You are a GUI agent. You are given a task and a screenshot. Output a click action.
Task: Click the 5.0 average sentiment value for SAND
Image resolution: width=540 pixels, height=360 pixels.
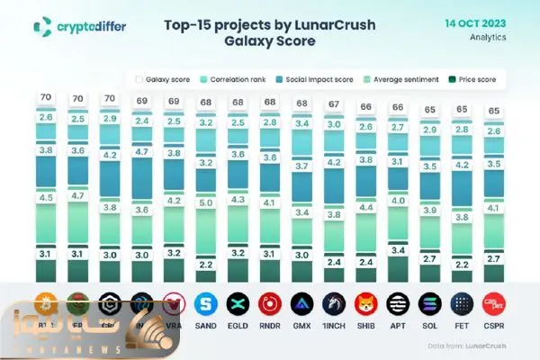[x=205, y=203]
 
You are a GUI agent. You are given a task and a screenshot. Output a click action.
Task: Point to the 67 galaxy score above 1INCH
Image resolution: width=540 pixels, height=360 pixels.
[x=334, y=104]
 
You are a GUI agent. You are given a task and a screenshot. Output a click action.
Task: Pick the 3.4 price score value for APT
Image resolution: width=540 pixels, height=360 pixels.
[x=399, y=249]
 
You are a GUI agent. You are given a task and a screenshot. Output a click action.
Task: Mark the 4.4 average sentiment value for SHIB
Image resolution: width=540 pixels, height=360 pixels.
[x=366, y=207]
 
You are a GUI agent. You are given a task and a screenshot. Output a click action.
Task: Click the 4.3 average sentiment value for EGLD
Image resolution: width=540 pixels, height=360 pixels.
[x=238, y=199]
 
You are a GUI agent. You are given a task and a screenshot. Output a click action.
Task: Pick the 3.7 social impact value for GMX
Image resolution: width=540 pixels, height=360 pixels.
[x=301, y=166]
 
